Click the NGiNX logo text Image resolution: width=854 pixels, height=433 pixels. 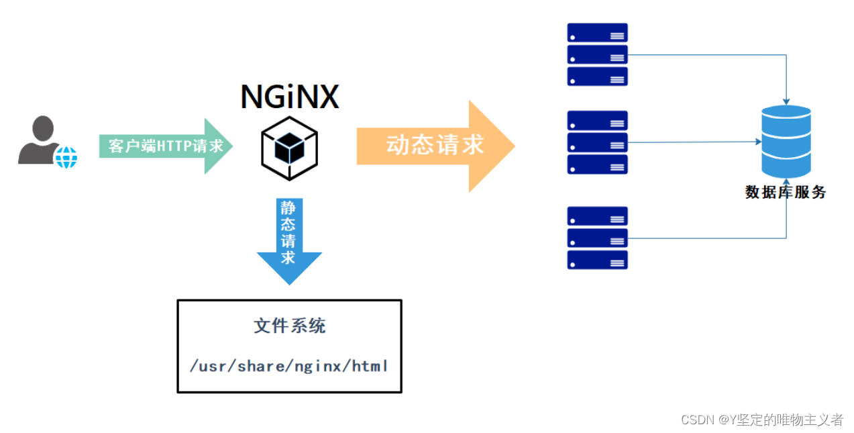(x=290, y=97)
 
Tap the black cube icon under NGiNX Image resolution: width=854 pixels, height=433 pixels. (x=289, y=148)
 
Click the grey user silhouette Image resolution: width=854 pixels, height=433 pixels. (x=40, y=140)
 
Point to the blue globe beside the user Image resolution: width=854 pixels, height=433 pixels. (x=66, y=157)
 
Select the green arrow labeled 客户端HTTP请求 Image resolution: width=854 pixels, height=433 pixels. (x=166, y=146)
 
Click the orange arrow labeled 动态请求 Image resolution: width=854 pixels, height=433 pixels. (x=436, y=146)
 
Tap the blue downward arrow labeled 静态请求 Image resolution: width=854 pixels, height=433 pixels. (x=289, y=241)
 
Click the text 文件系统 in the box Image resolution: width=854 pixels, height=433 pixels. (x=289, y=326)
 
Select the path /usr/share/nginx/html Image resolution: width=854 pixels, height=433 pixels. (x=289, y=366)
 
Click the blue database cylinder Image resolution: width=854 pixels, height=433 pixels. (x=786, y=142)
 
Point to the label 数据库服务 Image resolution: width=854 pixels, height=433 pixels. (x=786, y=192)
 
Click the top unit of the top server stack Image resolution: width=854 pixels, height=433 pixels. (x=598, y=32)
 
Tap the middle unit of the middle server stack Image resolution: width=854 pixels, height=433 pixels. (x=598, y=142)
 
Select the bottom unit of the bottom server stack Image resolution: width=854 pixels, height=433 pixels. (x=598, y=260)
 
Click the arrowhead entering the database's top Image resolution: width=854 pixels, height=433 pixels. (x=786, y=101)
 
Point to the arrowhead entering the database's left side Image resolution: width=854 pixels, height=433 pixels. (x=758, y=142)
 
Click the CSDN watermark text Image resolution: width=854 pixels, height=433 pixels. (x=761, y=420)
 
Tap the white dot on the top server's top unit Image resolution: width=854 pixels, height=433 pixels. (x=573, y=38)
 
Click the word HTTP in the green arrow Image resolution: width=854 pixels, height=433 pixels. (x=174, y=146)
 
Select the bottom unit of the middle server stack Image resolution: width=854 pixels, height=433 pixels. (x=598, y=164)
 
